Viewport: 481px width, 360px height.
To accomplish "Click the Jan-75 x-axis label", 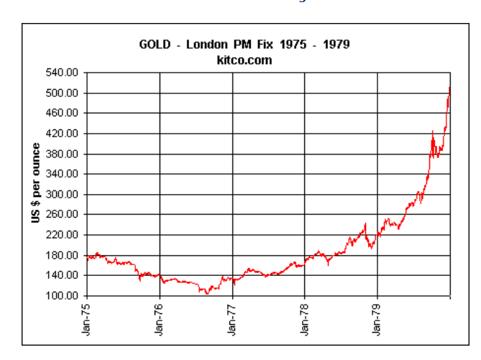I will click(87, 319).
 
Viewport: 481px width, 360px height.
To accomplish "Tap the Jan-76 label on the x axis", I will click(160, 319).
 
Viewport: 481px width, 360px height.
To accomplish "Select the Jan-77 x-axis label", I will click(232, 319).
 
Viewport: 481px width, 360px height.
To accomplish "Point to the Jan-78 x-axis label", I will click(305, 319).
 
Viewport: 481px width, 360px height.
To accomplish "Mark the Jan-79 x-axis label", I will click(377, 319).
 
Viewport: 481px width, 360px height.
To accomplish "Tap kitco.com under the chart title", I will click(244, 60).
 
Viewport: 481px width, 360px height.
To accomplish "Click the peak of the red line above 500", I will click(449, 88).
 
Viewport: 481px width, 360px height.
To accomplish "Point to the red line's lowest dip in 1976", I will click(207, 293).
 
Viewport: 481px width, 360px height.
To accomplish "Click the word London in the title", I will click(206, 45).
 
